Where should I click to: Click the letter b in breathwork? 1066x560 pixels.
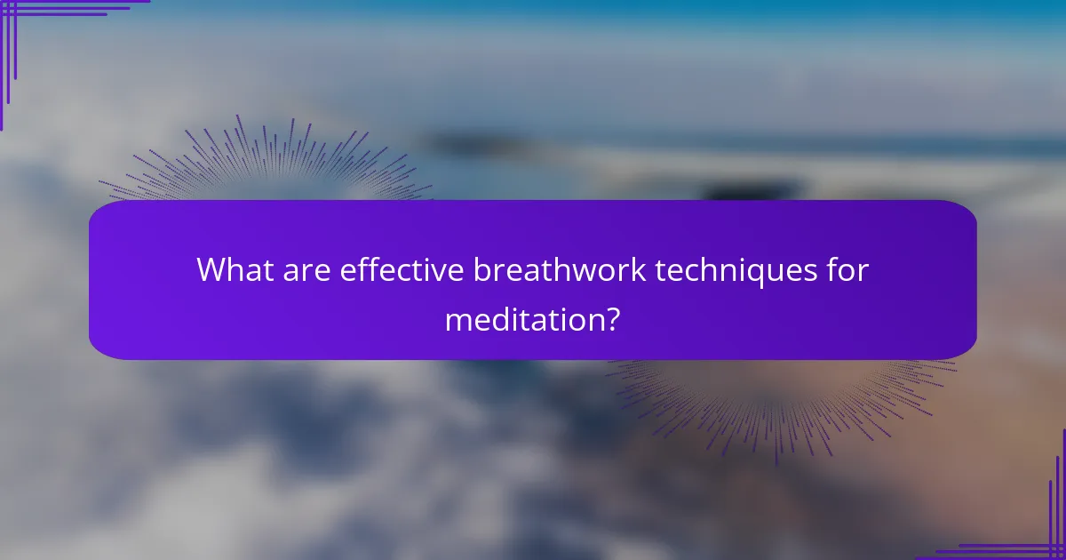point(481,268)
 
